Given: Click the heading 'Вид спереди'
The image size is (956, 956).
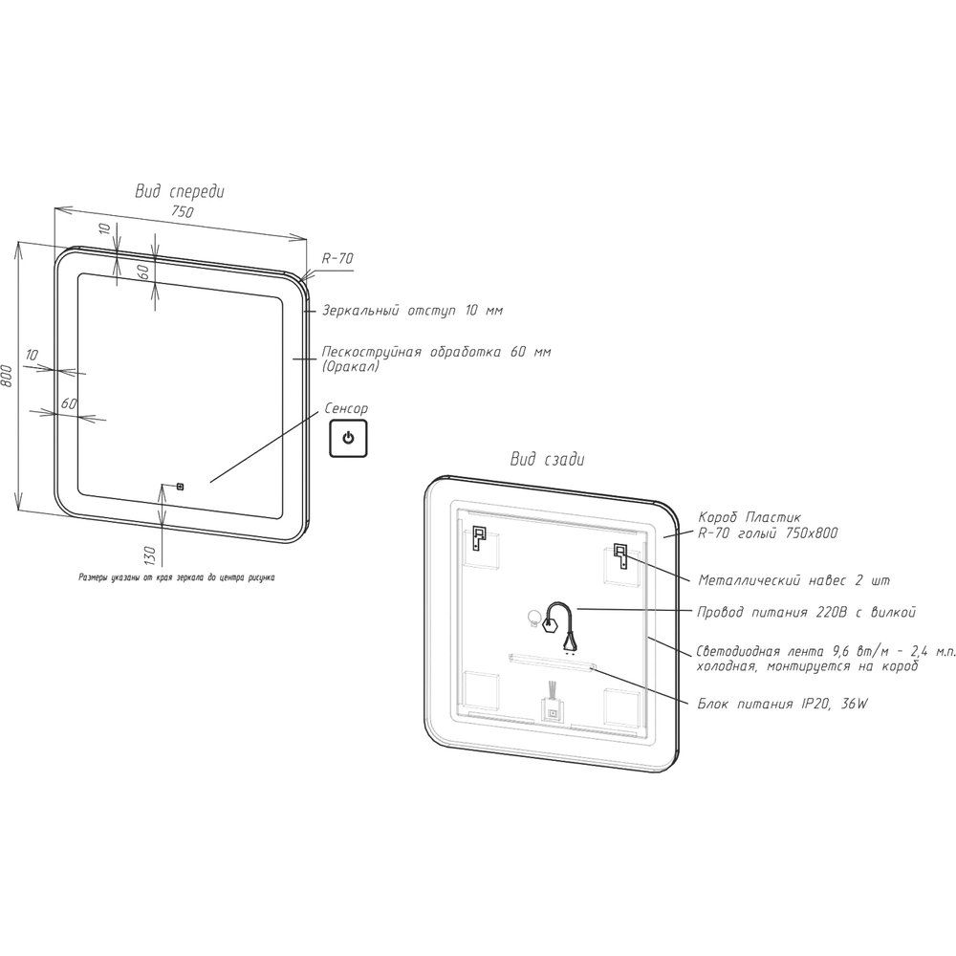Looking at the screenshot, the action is tap(180, 191).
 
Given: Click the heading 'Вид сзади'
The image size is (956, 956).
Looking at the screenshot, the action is tap(547, 459).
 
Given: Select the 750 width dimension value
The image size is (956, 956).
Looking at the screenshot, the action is tap(183, 211).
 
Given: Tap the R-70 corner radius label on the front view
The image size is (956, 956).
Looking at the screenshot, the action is tap(337, 258).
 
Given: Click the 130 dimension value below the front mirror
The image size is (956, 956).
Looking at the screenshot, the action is tap(150, 554).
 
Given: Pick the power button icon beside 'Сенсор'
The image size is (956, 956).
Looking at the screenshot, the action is tap(348, 439).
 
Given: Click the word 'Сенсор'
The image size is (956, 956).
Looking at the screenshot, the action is tap(346, 408).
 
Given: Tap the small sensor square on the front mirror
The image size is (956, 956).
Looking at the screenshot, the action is tap(180, 486).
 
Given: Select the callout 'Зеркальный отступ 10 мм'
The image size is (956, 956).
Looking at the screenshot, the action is tap(412, 311).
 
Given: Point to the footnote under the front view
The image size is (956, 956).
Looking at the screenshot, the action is tap(176, 577).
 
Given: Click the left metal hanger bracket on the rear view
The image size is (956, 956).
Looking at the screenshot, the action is tap(479, 537).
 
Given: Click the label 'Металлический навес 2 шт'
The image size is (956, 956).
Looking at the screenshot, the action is tap(793, 580).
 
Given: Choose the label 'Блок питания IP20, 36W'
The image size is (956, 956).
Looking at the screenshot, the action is tap(783, 704).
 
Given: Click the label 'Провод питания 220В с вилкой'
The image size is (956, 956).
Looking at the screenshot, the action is tap(807, 612).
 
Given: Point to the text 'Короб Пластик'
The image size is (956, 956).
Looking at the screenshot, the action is tap(750, 517).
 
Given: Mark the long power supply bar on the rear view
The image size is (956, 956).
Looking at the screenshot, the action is tap(553, 663).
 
